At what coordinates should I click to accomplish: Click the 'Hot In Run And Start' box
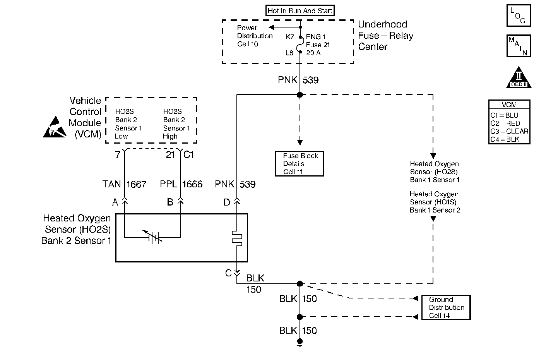point(300,11)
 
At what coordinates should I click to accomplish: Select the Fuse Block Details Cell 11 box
point(300,164)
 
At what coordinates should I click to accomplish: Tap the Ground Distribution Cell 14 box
point(446,308)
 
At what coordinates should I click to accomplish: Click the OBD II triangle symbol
point(519,77)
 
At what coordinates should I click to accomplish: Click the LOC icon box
point(519,16)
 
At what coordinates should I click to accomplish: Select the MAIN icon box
point(519,46)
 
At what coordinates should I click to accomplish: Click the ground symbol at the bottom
point(300,343)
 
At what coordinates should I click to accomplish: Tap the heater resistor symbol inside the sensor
point(237,238)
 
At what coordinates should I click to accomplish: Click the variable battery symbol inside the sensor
point(152,237)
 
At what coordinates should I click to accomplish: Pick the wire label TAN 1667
point(125,184)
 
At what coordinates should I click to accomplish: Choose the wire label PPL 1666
point(181,184)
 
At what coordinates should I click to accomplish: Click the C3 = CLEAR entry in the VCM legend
point(509,131)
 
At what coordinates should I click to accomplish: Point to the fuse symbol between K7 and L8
point(300,45)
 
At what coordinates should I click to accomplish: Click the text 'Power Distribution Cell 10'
point(255,36)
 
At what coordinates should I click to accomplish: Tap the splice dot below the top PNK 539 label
point(300,95)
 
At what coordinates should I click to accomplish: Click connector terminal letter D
point(227,202)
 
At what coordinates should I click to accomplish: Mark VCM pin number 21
point(170,155)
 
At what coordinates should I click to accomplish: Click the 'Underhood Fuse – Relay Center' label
point(386,36)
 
